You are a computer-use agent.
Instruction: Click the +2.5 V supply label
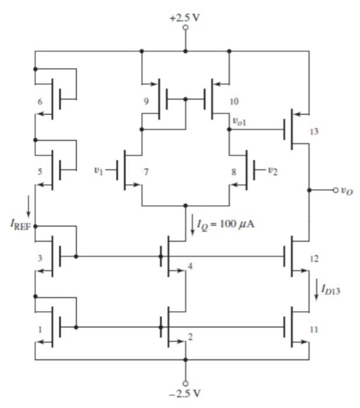pos(185,17)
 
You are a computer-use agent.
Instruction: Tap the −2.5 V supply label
pos(186,392)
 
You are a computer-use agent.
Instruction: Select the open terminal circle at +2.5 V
pos(186,27)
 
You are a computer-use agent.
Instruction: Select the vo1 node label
pos(241,120)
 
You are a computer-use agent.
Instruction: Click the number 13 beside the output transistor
pos(315,131)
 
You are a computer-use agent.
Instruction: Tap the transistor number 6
pos(40,102)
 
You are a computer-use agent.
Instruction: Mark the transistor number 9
pos(147,101)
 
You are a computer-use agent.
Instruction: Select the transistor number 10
pos(234,101)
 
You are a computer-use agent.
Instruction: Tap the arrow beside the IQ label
pos(193,225)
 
